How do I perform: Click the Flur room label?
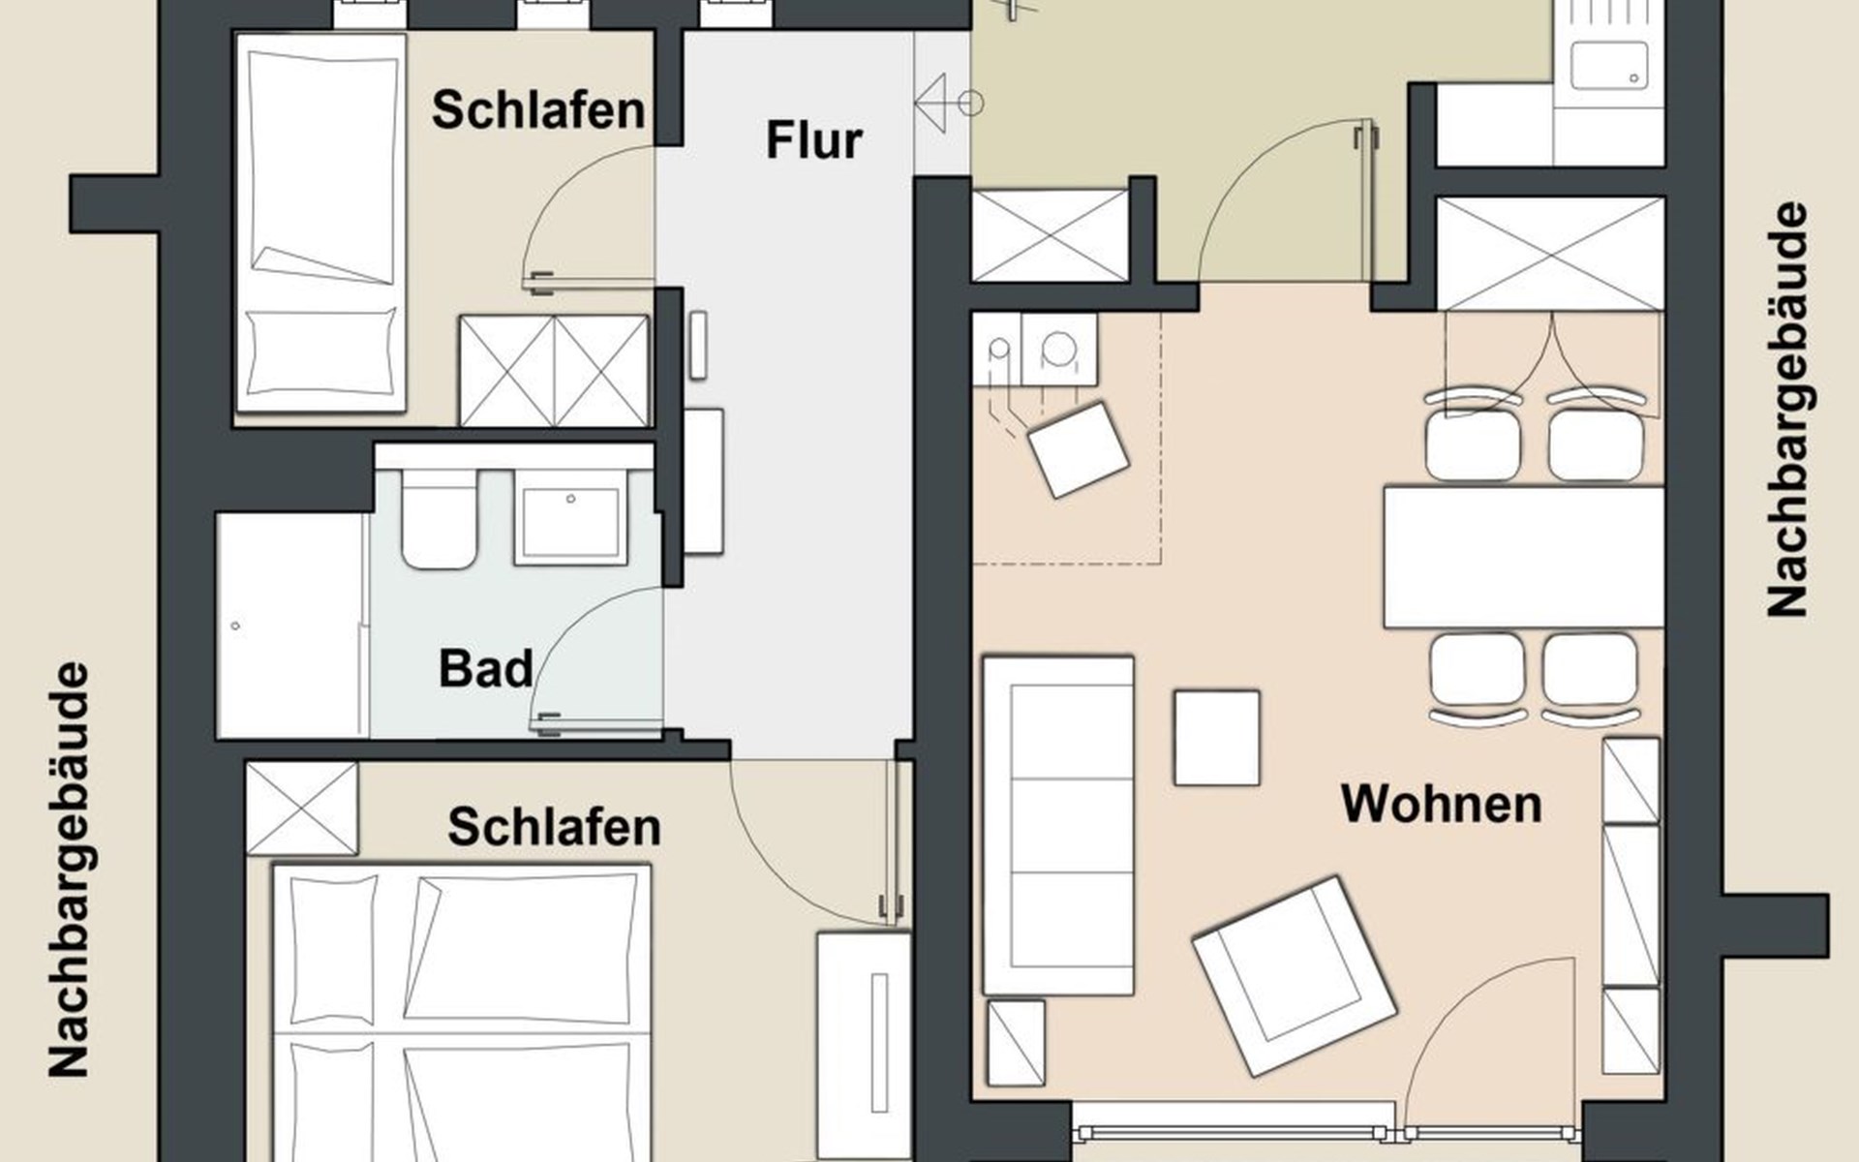click(813, 140)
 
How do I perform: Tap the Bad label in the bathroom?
click(485, 669)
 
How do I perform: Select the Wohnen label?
click(1441, 804)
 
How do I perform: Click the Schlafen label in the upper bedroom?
click(538, 110)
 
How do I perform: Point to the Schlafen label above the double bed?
click(554, 827)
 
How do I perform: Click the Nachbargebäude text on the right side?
click(1787, 409)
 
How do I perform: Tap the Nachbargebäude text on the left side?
click(69, 870)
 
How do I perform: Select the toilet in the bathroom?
click(440, 518)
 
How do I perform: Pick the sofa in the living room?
click(1058, 825)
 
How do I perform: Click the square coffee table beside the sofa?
click(1217, 738)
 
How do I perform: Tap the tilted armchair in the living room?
click(1295, 975)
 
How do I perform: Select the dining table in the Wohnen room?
click(1523, 557)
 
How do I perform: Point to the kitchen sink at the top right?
click(1608, 54)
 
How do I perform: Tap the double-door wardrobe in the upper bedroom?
click(554, 370)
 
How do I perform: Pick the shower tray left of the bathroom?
click(290, 625)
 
